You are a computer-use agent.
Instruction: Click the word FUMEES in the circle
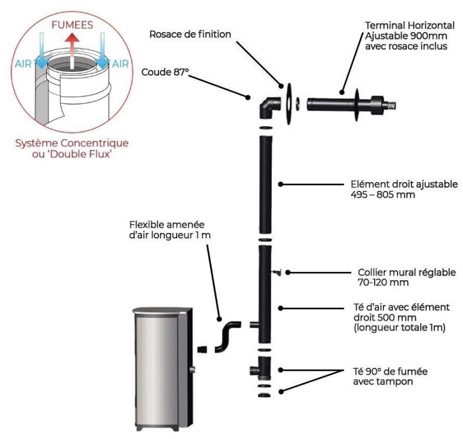[72, 26]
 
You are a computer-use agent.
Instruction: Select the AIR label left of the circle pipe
[22, 64]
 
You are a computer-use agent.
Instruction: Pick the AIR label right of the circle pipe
[120, 64]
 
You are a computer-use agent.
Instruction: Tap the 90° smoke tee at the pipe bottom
[261, 370]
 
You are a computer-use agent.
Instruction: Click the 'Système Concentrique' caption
[72, 143]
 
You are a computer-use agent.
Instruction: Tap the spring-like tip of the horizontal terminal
[395, 106]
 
